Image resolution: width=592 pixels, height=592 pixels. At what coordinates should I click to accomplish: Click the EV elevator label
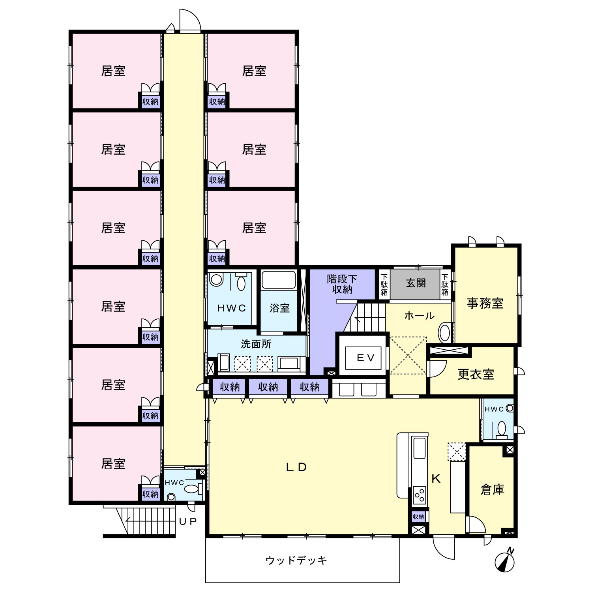point(365,358)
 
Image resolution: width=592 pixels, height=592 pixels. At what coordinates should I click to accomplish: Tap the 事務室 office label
point(485,303)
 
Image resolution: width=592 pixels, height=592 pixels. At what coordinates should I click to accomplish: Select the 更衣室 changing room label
point(476,374)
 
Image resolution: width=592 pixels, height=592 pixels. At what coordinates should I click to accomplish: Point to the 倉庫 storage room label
point(493,489)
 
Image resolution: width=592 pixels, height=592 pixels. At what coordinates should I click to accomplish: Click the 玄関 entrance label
point(416,283)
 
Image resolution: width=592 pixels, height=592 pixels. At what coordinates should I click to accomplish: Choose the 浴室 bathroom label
point(280,308)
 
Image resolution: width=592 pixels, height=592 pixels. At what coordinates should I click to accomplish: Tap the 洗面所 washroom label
point(256,344)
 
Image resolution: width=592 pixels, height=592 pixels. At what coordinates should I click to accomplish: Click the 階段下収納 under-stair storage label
point(342,284)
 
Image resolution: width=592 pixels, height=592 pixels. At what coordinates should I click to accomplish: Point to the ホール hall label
point(419,316)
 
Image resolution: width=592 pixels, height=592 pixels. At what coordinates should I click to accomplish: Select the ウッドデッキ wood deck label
point(296,560)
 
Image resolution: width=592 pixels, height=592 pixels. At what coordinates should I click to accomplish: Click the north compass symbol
point(505,560)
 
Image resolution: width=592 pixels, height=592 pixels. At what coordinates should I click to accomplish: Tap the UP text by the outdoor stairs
point(187,521)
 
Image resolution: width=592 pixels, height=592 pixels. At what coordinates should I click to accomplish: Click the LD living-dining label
point(296,467)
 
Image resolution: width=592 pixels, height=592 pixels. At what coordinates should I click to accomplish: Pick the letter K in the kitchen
point(436,479)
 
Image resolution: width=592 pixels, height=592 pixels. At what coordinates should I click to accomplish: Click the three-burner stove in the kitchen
point(420,495)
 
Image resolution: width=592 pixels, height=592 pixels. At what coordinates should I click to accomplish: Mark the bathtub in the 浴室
point(279,280)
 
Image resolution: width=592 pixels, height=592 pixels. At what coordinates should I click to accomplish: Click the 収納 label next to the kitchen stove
point(418,517)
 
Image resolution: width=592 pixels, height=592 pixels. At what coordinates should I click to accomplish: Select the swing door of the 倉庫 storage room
point(476,525)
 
